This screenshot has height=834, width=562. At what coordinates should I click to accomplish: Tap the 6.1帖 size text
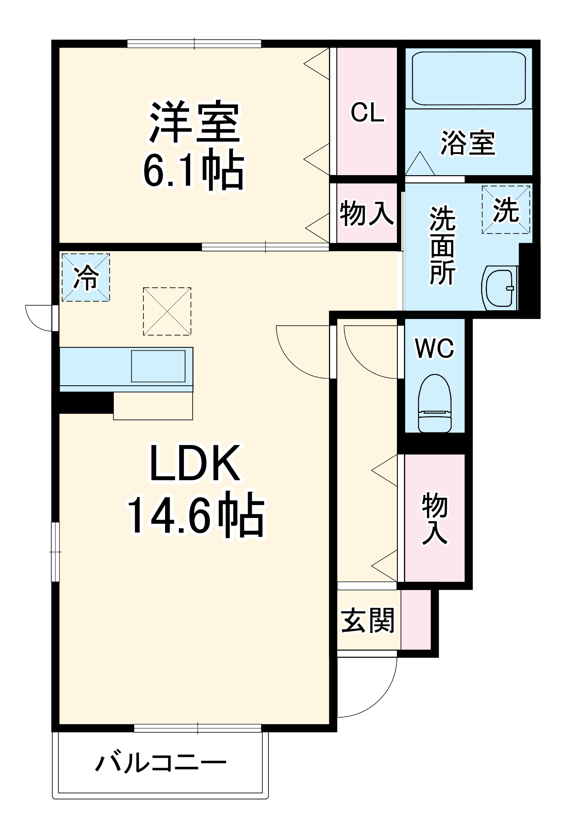(193, 171)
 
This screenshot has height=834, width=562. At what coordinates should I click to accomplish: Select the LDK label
(194, 463)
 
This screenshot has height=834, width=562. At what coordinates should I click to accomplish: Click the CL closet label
(367, 113)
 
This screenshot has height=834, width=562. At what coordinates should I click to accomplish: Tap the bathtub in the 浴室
(468, 78)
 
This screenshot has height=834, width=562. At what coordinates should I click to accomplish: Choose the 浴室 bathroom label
(468, 143)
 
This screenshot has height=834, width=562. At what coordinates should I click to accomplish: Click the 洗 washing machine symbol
(506, 210)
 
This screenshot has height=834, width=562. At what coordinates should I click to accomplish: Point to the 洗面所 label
(442, 246)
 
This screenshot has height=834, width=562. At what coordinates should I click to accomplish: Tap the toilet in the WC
(435, 402)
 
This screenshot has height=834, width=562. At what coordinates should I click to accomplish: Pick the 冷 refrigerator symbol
(86, 277)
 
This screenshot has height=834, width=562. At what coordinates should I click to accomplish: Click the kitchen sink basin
(158, 366)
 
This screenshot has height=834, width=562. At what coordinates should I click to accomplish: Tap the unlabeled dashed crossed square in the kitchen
(167, 311)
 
